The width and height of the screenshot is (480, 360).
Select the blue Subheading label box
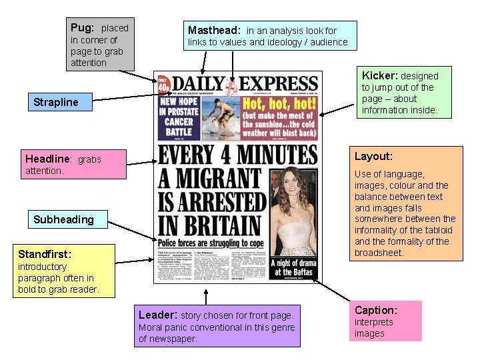64,220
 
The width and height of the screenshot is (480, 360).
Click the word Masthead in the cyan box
213,31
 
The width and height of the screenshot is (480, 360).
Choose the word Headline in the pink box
47,159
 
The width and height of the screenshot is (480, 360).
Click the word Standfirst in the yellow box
44,255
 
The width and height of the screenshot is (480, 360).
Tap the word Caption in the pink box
375,310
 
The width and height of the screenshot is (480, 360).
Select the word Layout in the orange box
373,157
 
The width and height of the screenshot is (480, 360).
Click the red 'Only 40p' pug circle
163,83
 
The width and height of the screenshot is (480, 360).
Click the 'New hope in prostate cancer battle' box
178,117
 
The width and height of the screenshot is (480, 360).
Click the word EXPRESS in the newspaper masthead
279,84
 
